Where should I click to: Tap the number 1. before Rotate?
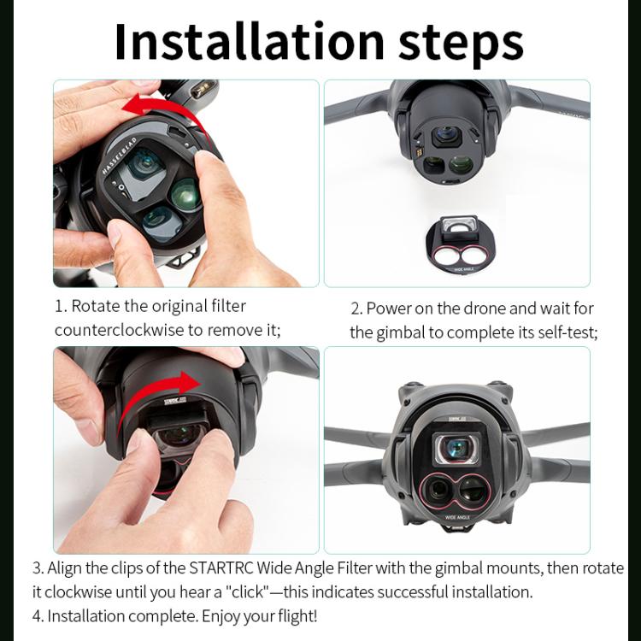pos(61,306)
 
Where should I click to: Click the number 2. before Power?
pos(356,308)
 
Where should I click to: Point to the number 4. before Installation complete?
pos(38,615)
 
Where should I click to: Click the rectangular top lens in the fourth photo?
pos(456,447)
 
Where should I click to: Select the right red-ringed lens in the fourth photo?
pos(473,489)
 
